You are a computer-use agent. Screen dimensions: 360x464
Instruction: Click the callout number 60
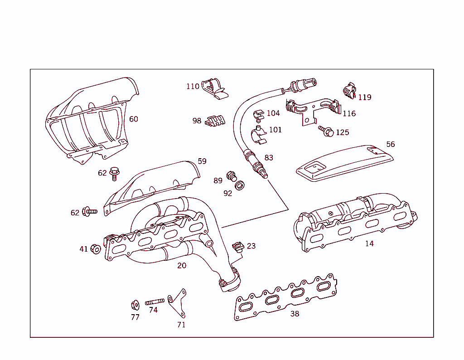tap(133, 119)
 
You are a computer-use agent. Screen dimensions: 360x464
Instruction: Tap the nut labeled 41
tap(96, 248)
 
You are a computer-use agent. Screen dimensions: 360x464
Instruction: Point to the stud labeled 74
tap(154, 302)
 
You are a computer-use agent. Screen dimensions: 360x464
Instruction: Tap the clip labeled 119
tap(349, 91)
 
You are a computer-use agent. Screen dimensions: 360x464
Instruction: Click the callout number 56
tap(390, 144)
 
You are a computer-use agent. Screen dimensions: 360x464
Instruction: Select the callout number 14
tap(369, 243)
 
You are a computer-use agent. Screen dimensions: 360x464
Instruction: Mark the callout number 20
tap(182, 265)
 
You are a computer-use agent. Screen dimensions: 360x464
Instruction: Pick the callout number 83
tap(269, 158)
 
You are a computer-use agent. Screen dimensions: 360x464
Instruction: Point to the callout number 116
tap(349, 113)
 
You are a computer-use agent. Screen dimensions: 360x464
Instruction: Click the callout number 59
tap(202, 161)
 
